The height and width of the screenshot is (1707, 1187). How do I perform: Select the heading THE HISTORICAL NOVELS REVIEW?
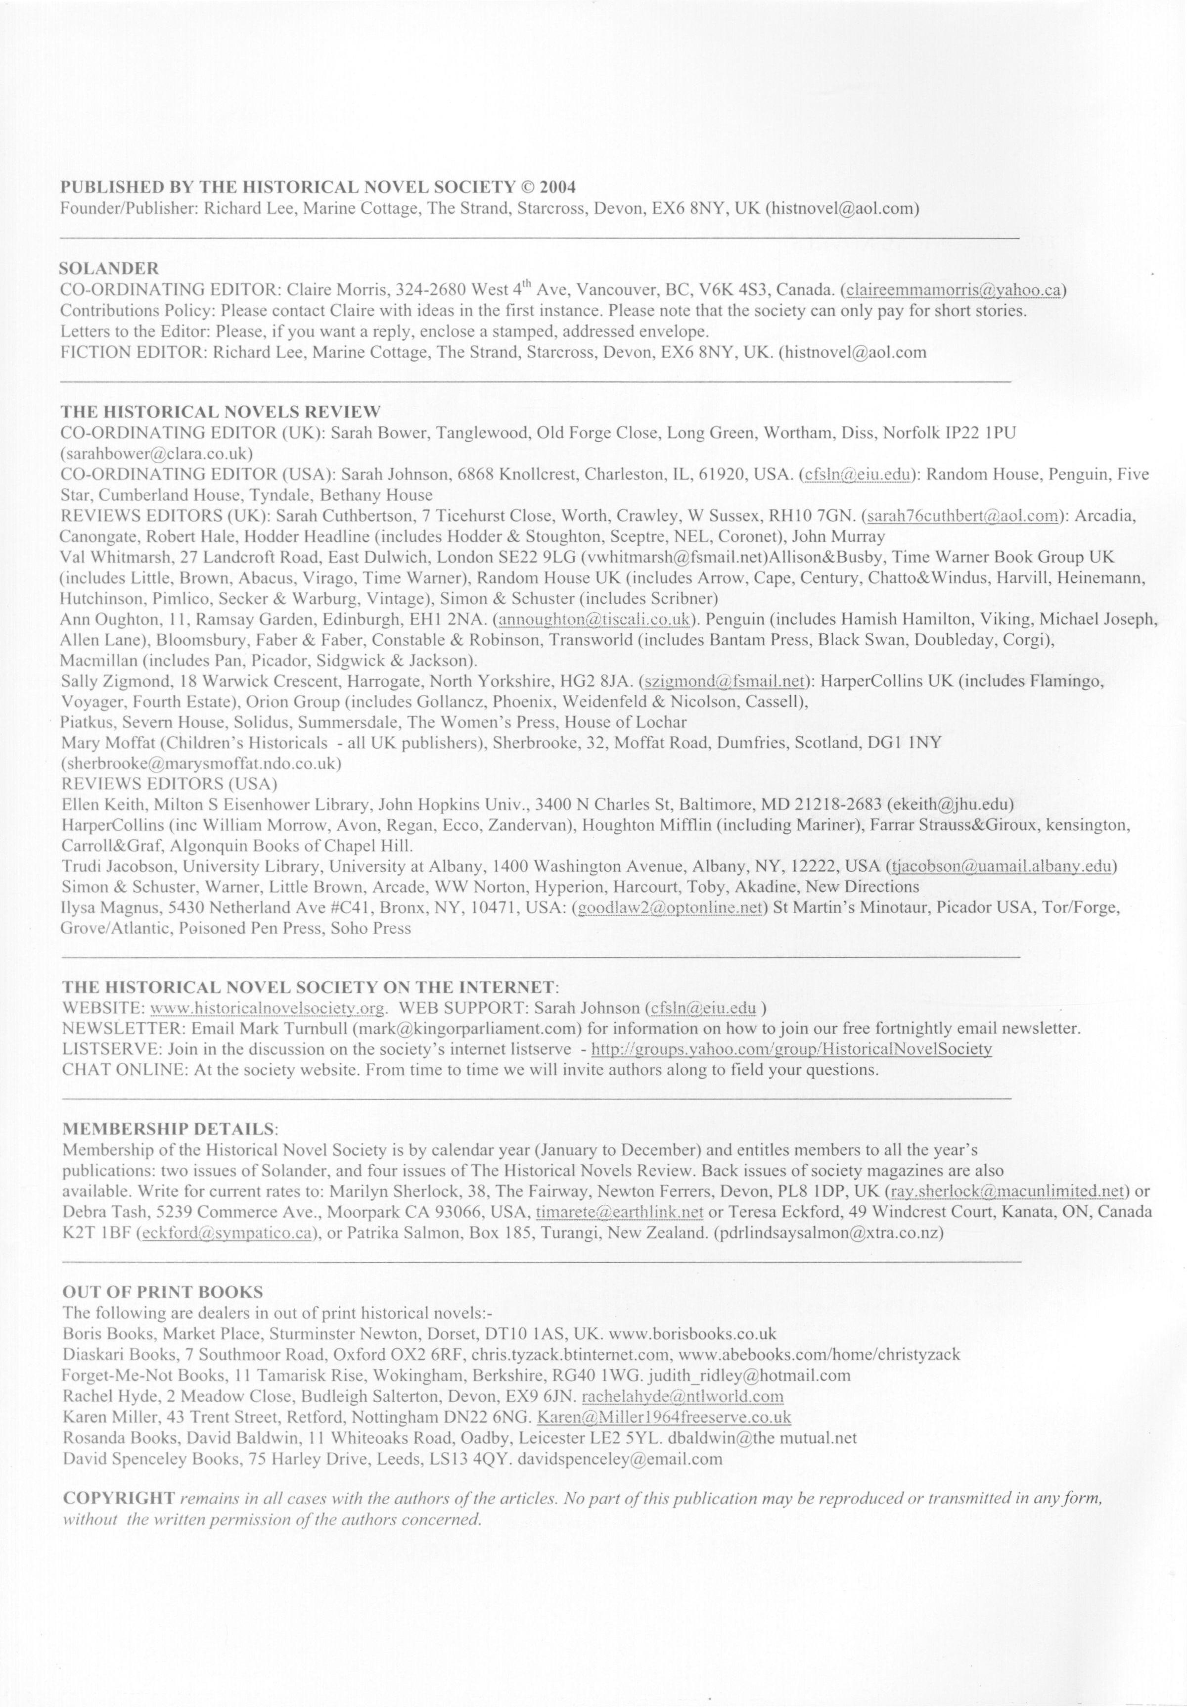coord(221,411)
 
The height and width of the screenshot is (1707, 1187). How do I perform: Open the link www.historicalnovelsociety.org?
coord(268,1008)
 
